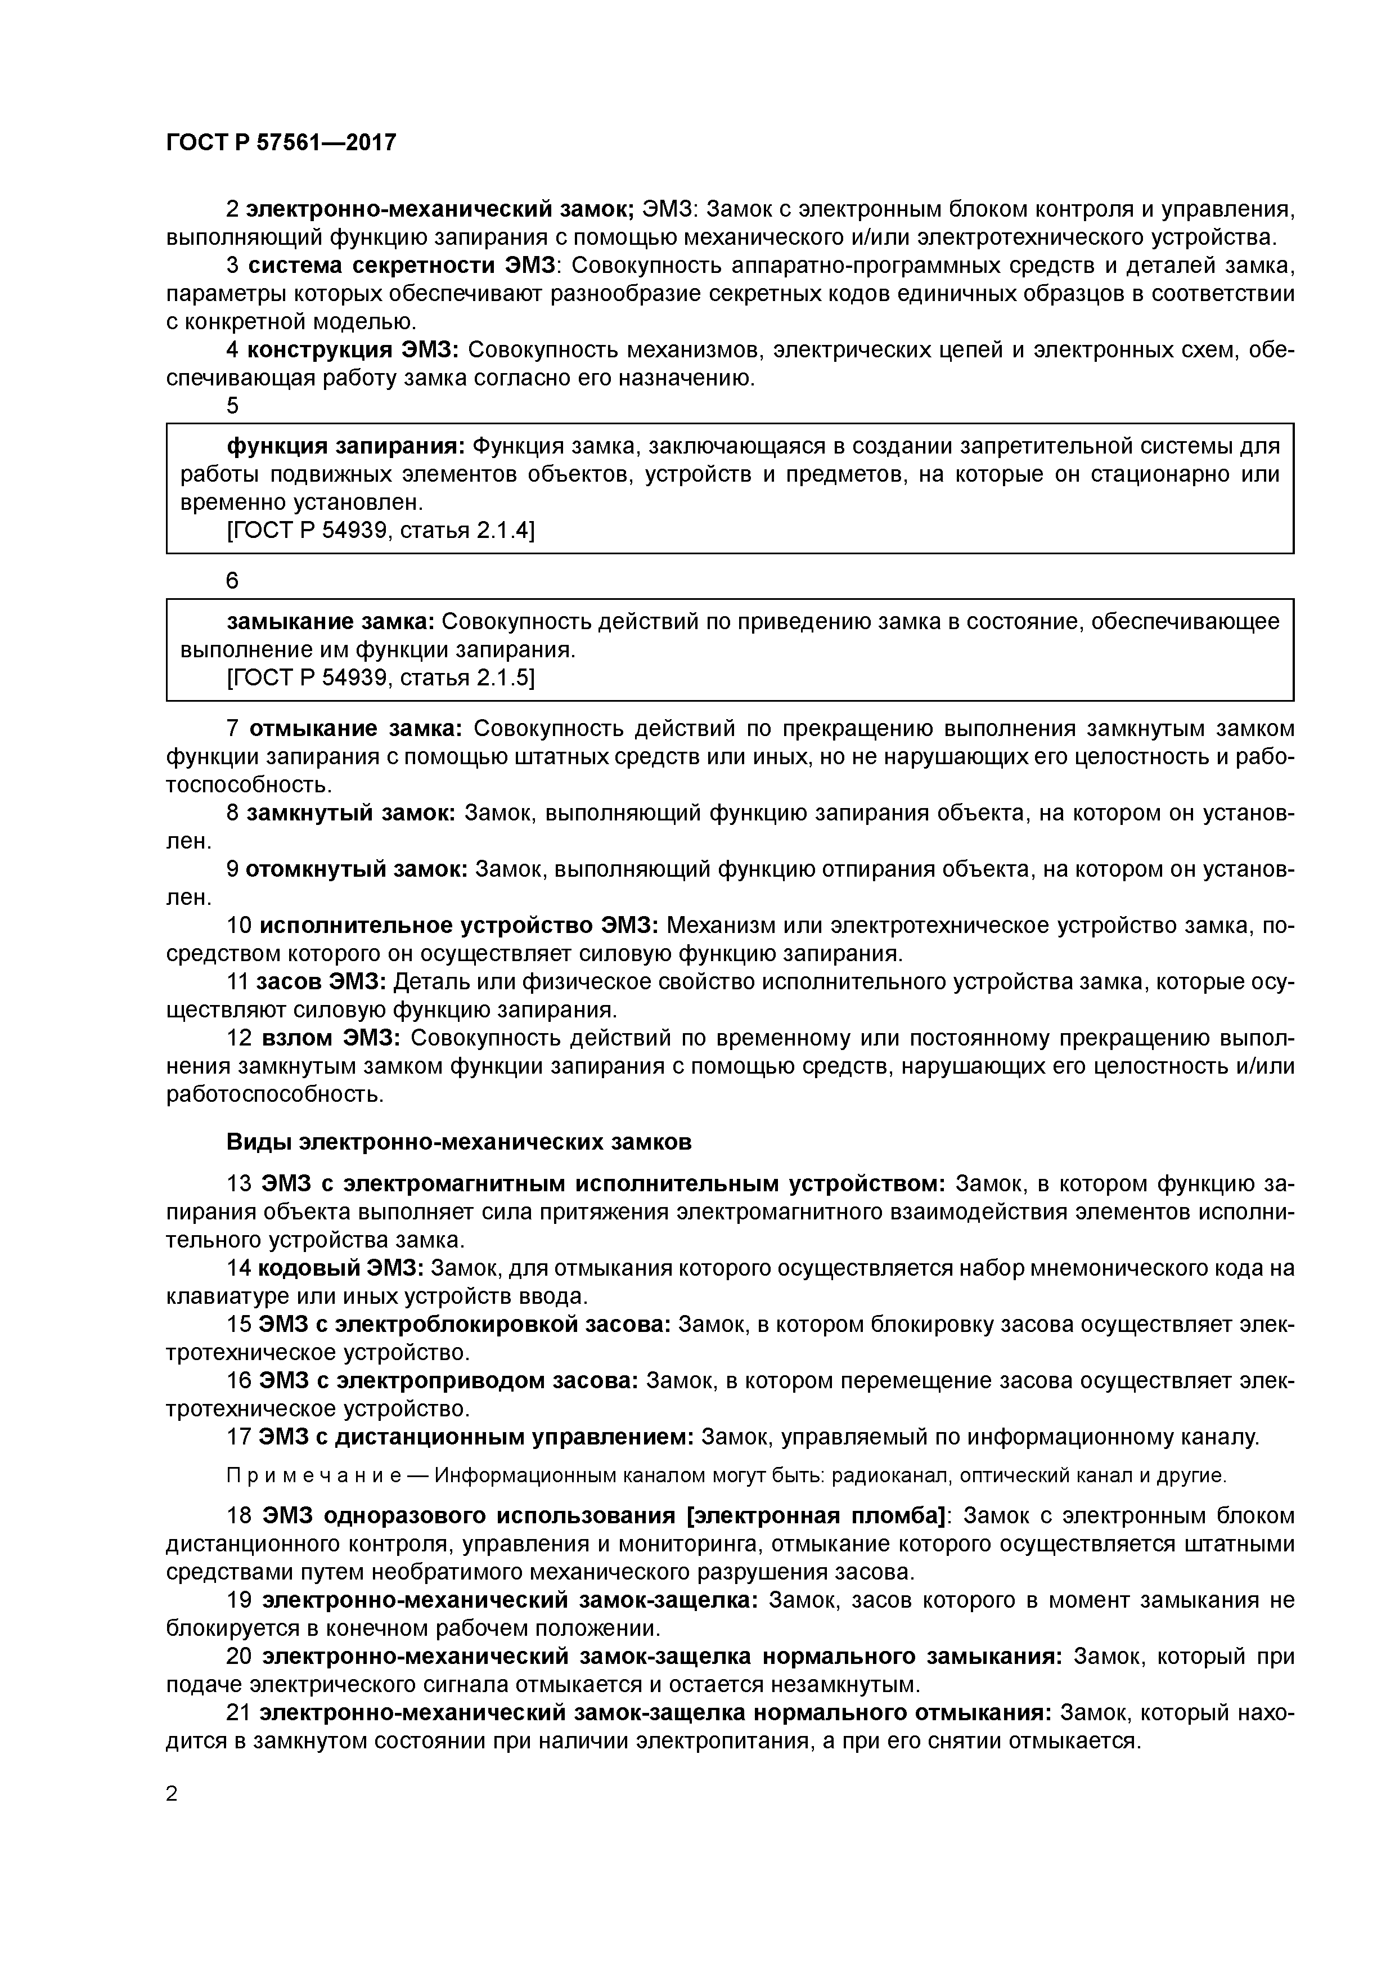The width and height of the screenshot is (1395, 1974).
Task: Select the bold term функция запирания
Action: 345,446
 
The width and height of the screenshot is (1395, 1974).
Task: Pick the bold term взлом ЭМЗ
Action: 329,1038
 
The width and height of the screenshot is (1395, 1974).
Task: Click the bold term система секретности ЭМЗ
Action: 404,266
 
